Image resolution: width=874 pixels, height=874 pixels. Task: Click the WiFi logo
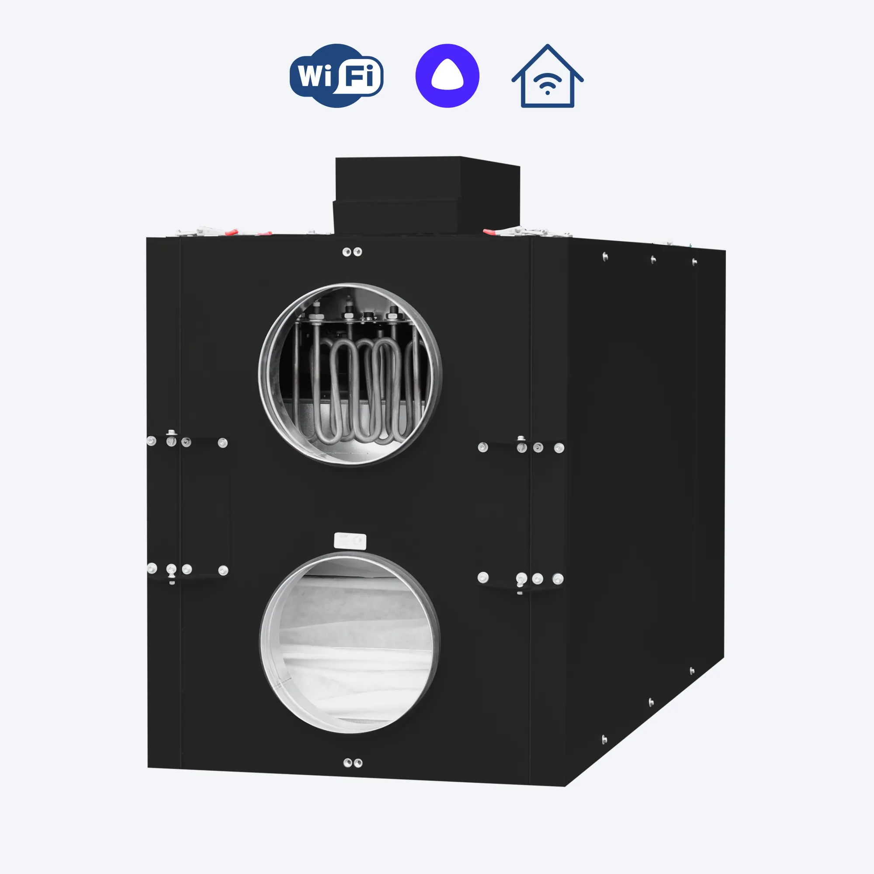[336, 76]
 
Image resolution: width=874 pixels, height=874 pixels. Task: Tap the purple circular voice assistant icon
[447, 76]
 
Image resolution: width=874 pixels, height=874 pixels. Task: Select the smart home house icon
[548, 76]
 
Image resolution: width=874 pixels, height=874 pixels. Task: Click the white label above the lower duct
[350, 541]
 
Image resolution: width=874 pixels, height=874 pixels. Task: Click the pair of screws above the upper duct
[352, 252]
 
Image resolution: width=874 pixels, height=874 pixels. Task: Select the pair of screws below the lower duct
[353, 763]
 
